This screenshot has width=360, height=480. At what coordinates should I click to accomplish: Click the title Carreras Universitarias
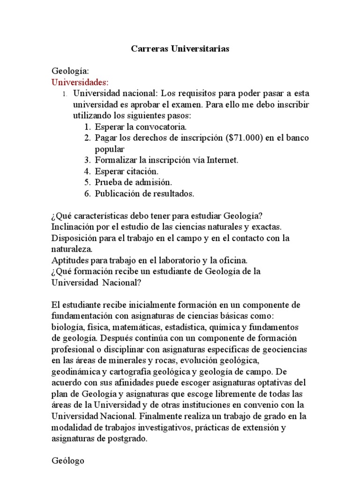click(180, 49)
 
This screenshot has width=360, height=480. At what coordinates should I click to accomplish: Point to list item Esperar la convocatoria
click(141, 127)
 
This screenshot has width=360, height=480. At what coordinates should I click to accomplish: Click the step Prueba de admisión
click(134, 182)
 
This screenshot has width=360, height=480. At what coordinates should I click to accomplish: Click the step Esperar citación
click(127, 171)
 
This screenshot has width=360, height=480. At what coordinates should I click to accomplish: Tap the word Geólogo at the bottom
click(68, 461)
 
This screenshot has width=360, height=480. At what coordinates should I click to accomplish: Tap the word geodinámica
click(75, 371)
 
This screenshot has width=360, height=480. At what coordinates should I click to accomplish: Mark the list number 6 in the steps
click(87, 193)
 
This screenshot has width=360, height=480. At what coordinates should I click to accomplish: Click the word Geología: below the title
click(70, 71)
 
